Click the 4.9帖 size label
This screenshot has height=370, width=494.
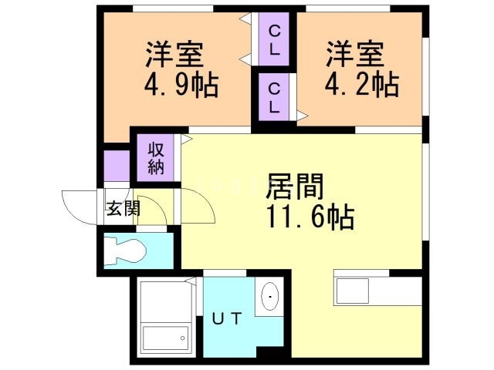click(180, 84)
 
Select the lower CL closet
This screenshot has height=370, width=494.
click(274, 97)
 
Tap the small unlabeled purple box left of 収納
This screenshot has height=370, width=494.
click(117, 164)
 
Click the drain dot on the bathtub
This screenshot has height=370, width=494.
click(183, 336)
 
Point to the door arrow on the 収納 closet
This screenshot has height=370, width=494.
click(186, 139)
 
